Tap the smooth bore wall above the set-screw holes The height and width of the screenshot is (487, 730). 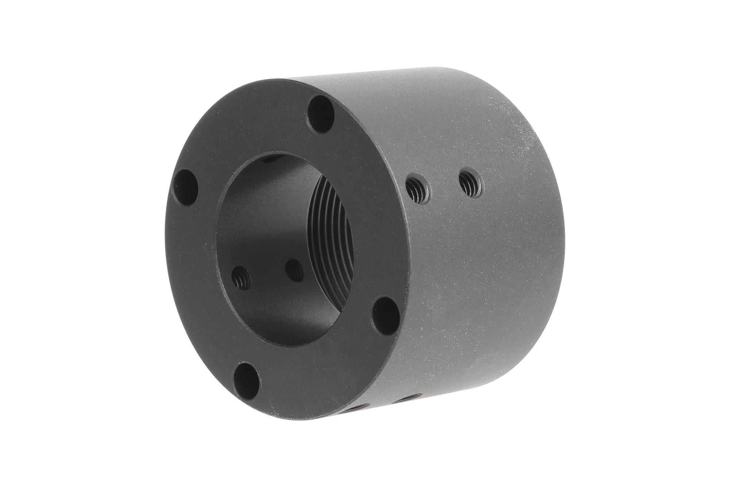pos(263,219)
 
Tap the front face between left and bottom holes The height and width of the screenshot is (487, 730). pos(197,292)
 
